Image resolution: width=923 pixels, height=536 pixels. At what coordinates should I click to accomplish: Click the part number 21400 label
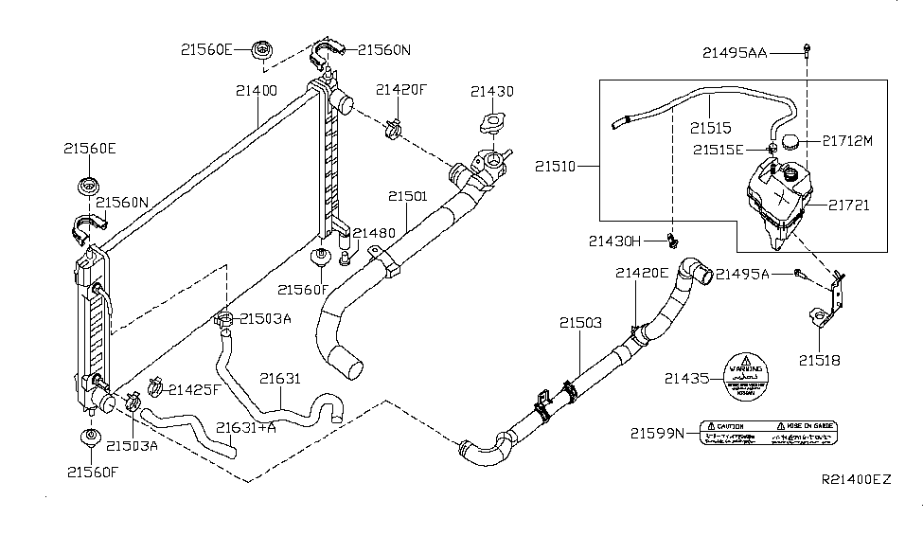click(257, 92)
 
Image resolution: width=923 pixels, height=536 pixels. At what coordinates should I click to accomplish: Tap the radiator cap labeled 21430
click(491, 123)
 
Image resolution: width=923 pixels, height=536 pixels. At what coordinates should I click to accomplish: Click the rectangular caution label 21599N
click(769, 433)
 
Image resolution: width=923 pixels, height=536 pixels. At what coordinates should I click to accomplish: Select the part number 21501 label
click(408, 197)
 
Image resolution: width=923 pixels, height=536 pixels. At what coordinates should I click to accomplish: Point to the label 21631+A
click(246, 428)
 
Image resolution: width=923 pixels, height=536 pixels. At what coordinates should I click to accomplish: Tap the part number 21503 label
click(579, 324)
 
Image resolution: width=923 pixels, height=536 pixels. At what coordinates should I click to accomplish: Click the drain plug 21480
click(345, 256)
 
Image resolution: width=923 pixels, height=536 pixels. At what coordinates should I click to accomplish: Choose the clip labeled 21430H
click(673, 240)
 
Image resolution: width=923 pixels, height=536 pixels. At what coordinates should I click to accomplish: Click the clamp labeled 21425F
click(155, 386)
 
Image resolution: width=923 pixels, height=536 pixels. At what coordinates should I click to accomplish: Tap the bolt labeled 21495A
click(800, 274)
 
